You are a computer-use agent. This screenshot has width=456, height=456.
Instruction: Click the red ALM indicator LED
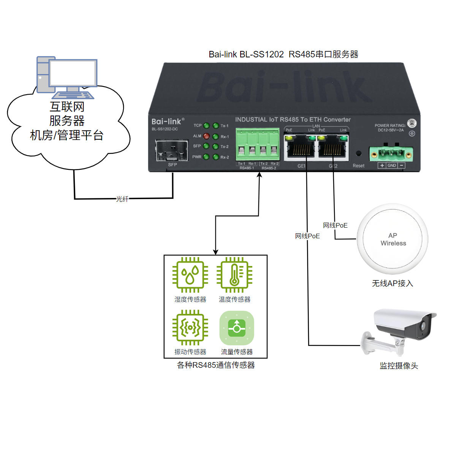coord(206,136)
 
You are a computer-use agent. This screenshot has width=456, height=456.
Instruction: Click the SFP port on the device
coord(172,151)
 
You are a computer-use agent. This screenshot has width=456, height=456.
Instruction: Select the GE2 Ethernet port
coord(333,149)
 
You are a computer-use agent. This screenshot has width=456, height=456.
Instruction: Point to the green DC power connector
coord(391,154)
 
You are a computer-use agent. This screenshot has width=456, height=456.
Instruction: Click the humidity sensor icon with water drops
coord(190,275)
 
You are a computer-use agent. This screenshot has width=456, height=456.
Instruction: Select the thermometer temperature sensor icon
coord(234,275)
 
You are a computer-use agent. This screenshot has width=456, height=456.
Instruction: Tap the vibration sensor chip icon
coord(190,327)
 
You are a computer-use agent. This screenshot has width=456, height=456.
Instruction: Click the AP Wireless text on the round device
coord(393,239)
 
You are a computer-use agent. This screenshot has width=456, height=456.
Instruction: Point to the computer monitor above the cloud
coord(73,73)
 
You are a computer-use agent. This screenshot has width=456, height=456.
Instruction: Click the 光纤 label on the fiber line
coord(122,199)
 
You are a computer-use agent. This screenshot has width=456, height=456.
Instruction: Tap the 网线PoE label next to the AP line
coord(335,225)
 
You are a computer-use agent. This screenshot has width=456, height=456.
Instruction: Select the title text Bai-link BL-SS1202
coord(246,54)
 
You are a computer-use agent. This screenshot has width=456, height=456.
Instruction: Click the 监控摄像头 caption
coord(399,366)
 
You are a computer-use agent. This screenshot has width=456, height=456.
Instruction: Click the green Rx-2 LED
coord(216,157)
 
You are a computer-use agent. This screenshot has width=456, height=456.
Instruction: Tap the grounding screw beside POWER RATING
coord(412,123)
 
